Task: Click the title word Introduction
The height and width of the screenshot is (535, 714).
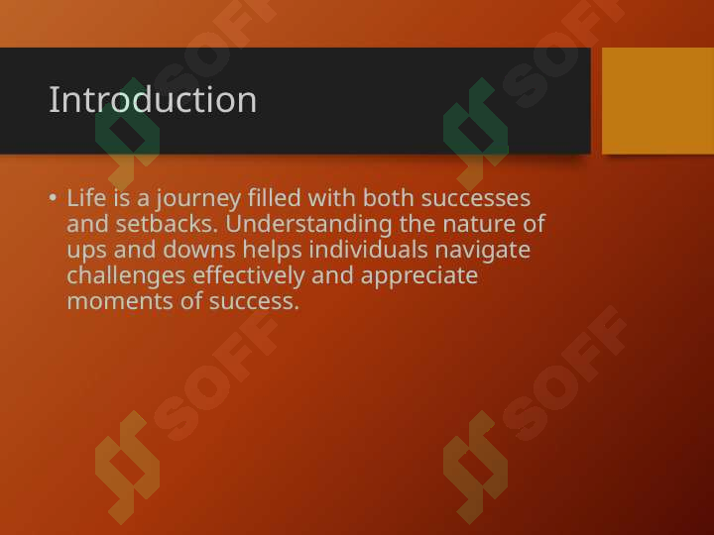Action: tap(153, 99)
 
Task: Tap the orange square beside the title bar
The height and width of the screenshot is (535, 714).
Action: tap(658, 100)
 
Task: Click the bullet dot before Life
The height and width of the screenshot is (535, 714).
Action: tap(53, 197)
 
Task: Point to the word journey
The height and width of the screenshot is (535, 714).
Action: tap(198, 200)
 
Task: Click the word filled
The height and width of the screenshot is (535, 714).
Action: tap(274, 198)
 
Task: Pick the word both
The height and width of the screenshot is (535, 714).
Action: tap(388, 198)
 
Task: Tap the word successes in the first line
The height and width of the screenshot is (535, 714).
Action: tap(475, 199)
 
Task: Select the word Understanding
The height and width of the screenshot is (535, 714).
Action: tap(308, 225)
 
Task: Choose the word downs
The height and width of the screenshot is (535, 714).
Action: tap(199, 250)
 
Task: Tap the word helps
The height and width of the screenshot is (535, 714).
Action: tap(272, 251)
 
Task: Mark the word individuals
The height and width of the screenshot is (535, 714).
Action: tap(368, 250)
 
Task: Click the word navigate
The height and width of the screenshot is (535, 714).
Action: tap(483, 252)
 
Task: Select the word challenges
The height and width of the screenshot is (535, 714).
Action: tap(126, 276)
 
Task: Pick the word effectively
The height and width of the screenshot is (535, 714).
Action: tap(249, 276)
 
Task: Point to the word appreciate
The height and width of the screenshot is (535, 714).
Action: tap(419, 277)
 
